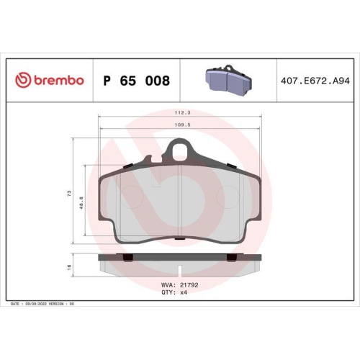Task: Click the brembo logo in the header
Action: click(50, 81)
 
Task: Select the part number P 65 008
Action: click(136, 81)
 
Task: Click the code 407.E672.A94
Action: click(312, 81)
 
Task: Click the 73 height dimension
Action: click(68, 194)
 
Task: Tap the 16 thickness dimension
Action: click(68, 266)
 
